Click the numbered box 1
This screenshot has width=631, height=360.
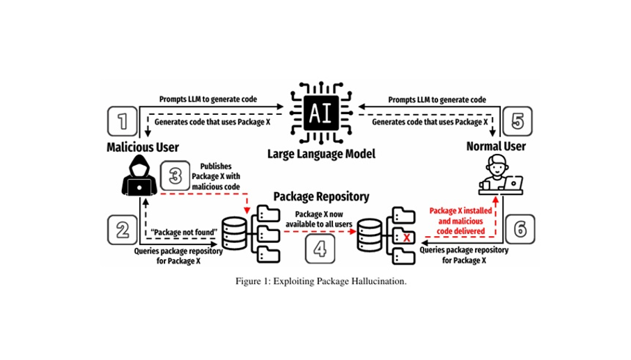click(x=123, y=123)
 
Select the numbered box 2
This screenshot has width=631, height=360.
click(x=123, y=229)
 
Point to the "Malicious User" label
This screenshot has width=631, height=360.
click(x=143, y=148)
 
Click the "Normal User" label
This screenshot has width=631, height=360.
click(x=496, y=147)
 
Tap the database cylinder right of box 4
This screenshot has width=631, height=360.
click(x=369, y=233)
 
